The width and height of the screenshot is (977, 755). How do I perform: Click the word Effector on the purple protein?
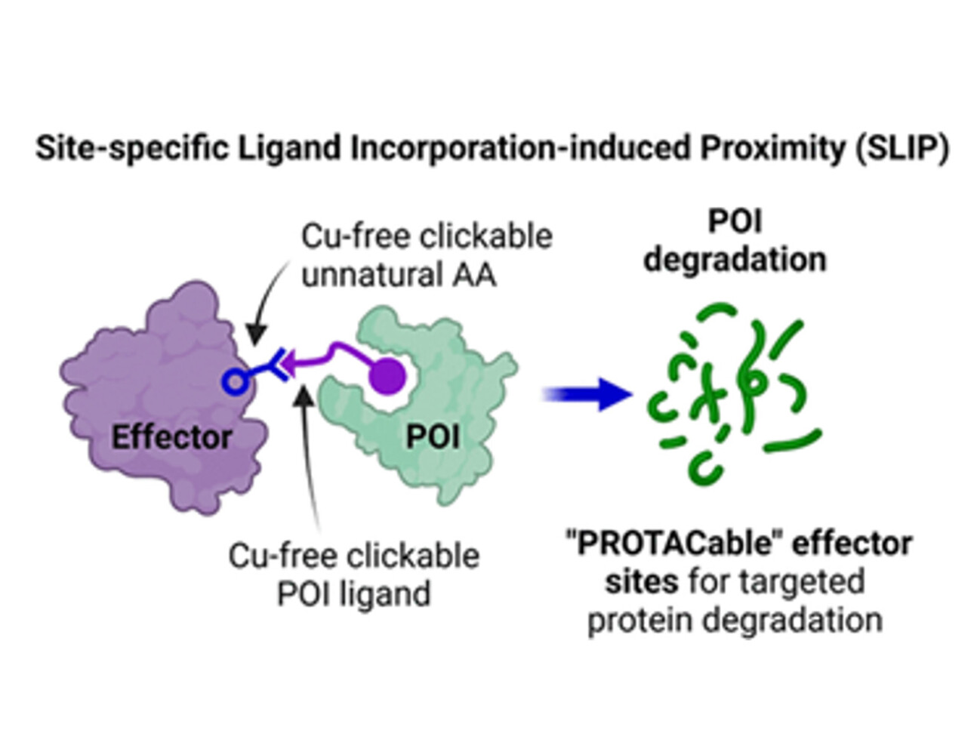pyautogui.click(x=171, y=436)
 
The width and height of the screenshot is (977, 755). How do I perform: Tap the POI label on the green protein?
pyautogui.click(x=433, y=436)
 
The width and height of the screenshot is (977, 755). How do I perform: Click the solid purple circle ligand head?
pyautogui.click(x=389, y=375)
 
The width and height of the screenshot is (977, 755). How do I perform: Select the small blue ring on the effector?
pyautogui.click(x=235, y=382)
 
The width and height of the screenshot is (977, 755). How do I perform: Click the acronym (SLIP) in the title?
pyautogui.click(x=902, y=149)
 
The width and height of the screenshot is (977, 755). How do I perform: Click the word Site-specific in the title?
pyautogui.click(x=131, y=149)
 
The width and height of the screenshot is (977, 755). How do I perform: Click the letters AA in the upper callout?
pyautogui.click(x=474, y=275)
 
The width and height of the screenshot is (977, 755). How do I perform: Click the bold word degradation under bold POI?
pyautogui.click(x=735, y=260)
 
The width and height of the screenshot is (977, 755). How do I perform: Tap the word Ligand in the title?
pyautogui.click(x=290, y=149)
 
